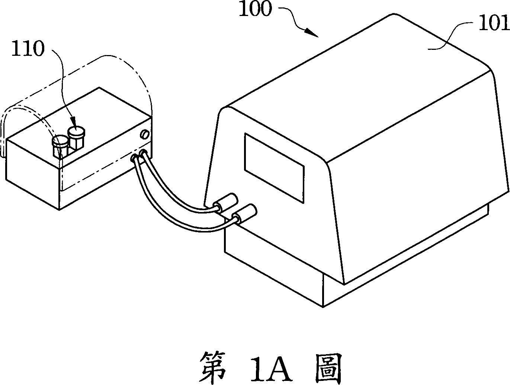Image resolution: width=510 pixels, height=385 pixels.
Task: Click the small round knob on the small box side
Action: (144, 134)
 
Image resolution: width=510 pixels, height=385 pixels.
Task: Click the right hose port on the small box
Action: (143, 153)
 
